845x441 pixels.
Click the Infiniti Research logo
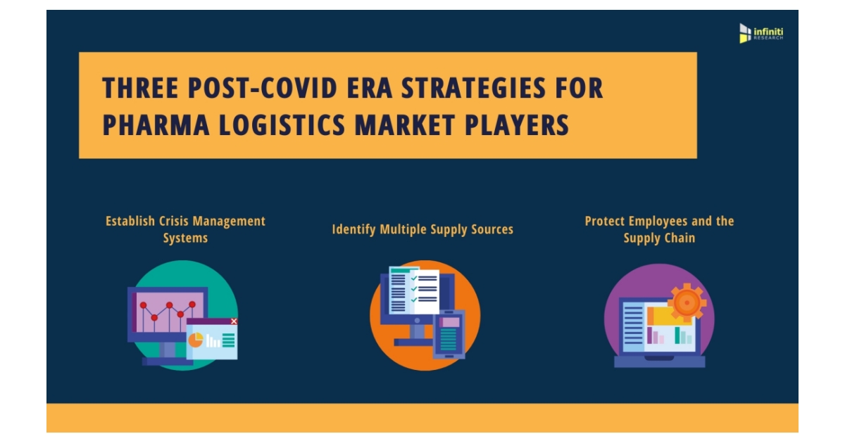[760, 32]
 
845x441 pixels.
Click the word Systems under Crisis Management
[185, 238]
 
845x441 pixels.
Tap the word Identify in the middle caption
[355, 229]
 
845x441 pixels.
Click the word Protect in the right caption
[606, 221]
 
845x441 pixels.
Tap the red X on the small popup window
[234, 321]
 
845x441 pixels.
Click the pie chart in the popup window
[195, 340]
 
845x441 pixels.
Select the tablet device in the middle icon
[449, 333]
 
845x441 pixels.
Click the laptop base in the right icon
[659, 362]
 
